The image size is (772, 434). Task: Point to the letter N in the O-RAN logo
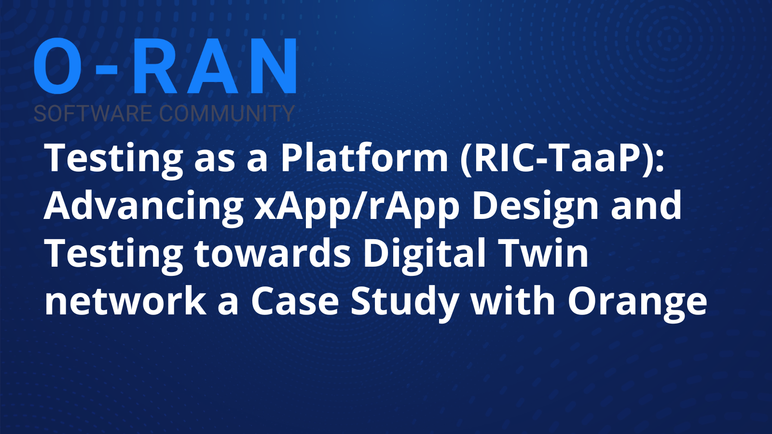pyautogui.click(x=273, y=66)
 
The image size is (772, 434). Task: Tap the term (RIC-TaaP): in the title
pyautogui.click(x=562, y=160)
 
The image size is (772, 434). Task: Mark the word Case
pyautogui.click(x=295, y=301)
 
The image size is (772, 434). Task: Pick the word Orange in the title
pyautogui.click(x=637, y=304)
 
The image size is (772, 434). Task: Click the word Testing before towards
pyautogui.click(x=114, y=256)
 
